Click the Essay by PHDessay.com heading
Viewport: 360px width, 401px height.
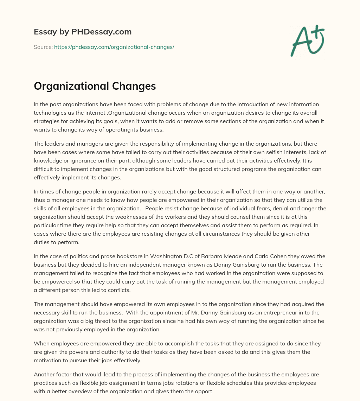tap(83, 32)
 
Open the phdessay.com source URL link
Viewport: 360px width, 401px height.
tap(114, 47)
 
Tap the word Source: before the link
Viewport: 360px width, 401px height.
tap(43, 47)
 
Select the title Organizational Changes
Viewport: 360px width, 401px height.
tap(95, 86)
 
